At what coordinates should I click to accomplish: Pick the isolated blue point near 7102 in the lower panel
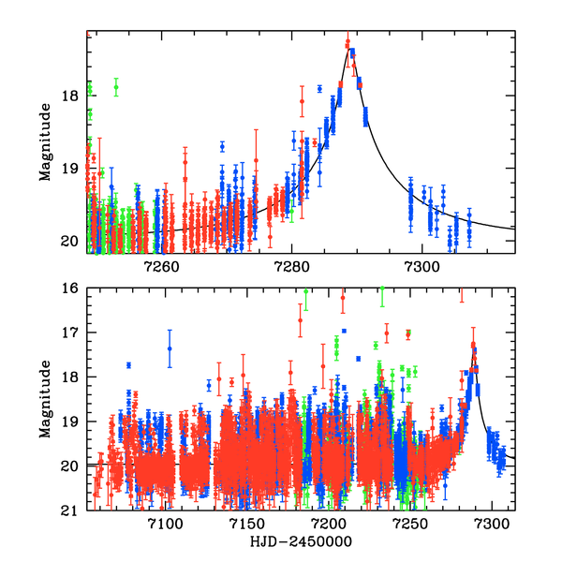click(170, 348)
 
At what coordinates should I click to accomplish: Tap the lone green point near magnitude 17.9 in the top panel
click(116, 87)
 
